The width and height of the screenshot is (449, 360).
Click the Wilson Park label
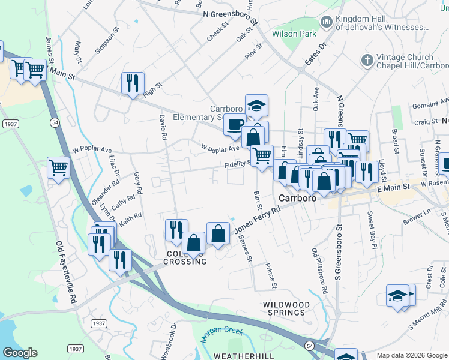click(294, 34)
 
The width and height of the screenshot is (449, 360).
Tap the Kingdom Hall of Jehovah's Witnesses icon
click(327, 22)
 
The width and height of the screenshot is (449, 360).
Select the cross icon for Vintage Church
click(366, 60)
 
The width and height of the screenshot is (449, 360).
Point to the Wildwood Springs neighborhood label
click(286, 308)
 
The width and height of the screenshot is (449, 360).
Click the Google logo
click(20, 353)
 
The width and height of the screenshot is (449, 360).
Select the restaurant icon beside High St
click(133, 83)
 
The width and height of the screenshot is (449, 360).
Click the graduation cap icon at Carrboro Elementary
click(256, 105)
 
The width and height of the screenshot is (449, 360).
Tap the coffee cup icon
click(235, 124)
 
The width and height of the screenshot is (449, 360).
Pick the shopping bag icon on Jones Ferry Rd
click(218, 233)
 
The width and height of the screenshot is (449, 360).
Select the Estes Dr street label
click(316, 53)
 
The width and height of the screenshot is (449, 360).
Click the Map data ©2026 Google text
click(412, 355)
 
